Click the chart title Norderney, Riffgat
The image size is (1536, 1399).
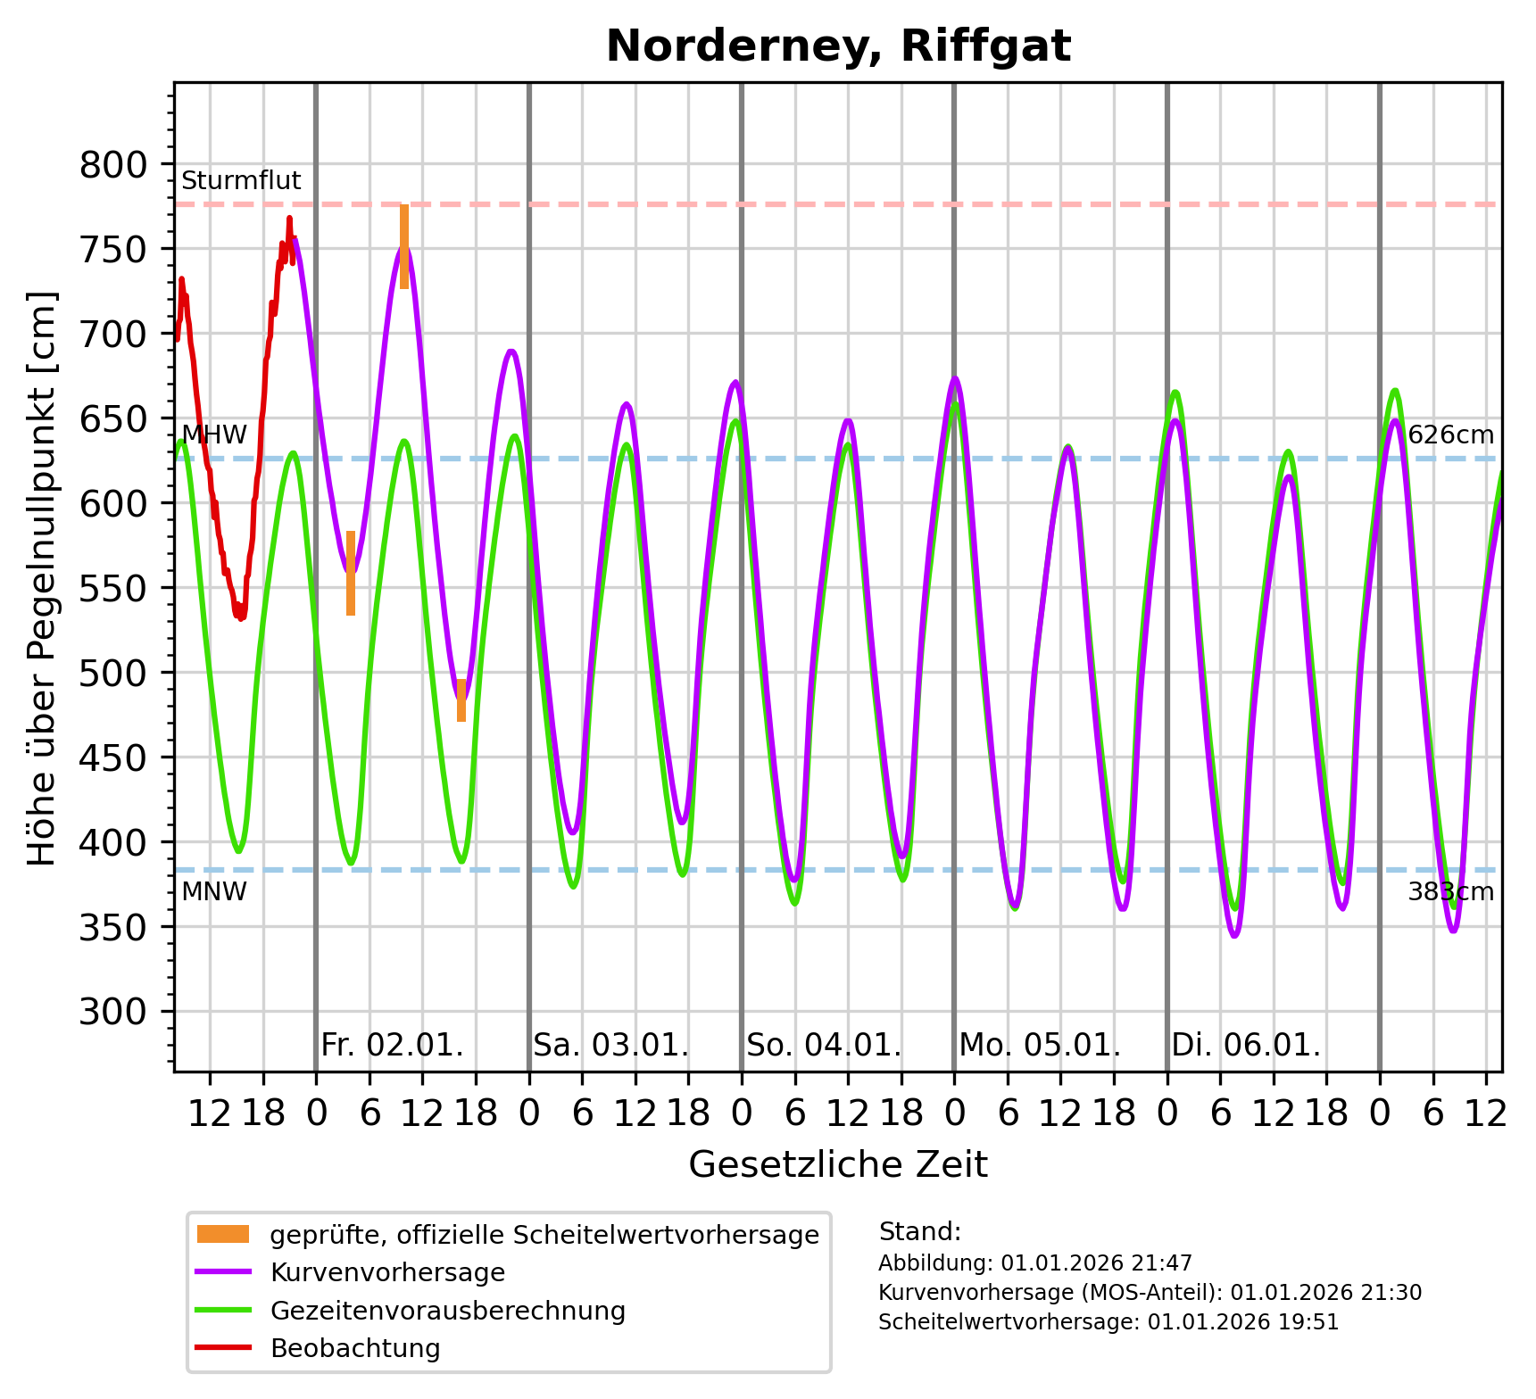click(x=838, y=46)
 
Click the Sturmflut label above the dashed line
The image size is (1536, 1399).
click(x=241, y=181)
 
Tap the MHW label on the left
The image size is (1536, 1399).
click(x=214, y=435)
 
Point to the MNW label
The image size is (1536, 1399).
click(x=214, y=891)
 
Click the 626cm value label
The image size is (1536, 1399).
click(x=1450, y=435)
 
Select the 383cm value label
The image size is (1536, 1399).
click(x=1450, y=891)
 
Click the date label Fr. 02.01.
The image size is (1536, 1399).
click(x=392, y=1045)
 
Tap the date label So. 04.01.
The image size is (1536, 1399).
click(x=824, y=1045)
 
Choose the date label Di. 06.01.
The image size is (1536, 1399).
click(x=1246, y=1045)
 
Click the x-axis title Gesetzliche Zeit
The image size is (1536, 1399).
click(x=838, y=1164)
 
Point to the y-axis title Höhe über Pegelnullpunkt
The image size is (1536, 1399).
click(x=42, y=578)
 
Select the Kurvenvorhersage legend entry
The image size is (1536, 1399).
click(x=387, y=1272)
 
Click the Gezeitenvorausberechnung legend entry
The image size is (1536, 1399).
click(x=447, y=1311)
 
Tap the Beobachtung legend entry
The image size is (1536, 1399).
click(x=355, y=1348)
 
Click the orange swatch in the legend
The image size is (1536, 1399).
click(x=223, y=1235)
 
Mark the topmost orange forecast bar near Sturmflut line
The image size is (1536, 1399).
click(x=404, y=246)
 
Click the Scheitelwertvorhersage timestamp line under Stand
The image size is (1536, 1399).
click(x=1108, y=1322)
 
